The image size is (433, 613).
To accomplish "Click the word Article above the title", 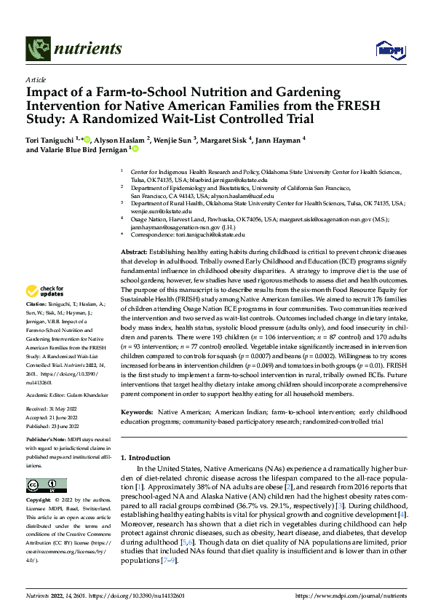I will pos(36,79).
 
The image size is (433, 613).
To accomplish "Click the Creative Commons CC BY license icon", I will pos(42,486).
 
